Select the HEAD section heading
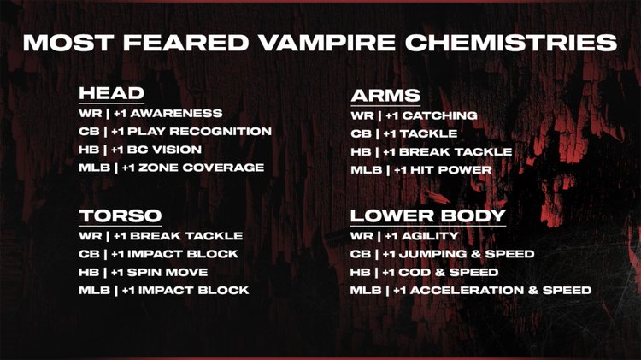tap(111, 93)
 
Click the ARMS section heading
tap(385, 95)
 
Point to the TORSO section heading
tap(121, 215)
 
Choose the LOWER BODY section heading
tap(428, 215)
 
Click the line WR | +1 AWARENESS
tap(150, 113)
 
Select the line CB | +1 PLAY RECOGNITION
tap(174, 131)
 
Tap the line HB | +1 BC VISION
tap(140, 150)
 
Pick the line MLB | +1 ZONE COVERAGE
tap(171, 168)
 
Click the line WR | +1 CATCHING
tap(414, 115)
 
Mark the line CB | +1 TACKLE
tap(404, 133)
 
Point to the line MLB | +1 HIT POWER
tap(421, 170)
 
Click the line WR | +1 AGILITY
tap(405, 235)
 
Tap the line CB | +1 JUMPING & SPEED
tap(443, 254)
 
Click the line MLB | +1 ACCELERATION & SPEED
tap(471, 291)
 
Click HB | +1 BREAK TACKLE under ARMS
tap(432, 151)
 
